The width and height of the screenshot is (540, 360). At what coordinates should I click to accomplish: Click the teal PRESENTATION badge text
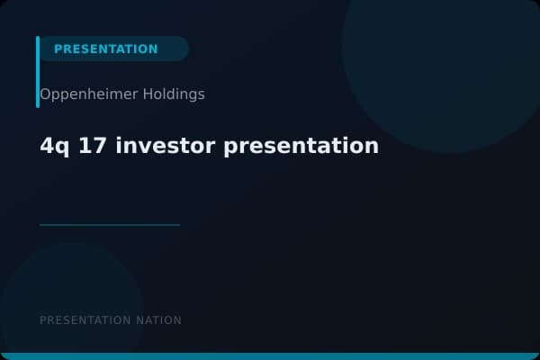[x=105, y=49]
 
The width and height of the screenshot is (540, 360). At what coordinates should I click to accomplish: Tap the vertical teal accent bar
[x=38, y=72]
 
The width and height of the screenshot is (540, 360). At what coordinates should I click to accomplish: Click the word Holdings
[x=173, y=94]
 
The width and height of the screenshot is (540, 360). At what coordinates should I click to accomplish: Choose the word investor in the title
[x=163, y=145]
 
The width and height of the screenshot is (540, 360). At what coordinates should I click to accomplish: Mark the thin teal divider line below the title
[x=110, y=225]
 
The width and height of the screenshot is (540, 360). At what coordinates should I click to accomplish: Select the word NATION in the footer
[x=160, y=320]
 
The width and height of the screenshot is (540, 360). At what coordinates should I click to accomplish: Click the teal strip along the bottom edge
[x=270, y=356]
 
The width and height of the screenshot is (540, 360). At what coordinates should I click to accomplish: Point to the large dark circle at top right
[x=441, y=54]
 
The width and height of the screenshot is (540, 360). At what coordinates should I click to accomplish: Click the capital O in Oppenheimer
[x=45, y=94]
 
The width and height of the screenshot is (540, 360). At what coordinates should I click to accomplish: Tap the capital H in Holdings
[x=148, y=94]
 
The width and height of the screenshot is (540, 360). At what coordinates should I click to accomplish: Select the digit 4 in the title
[x=46, y=145]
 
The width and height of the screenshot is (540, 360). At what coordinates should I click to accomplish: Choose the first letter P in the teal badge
[x=58, y=49]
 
